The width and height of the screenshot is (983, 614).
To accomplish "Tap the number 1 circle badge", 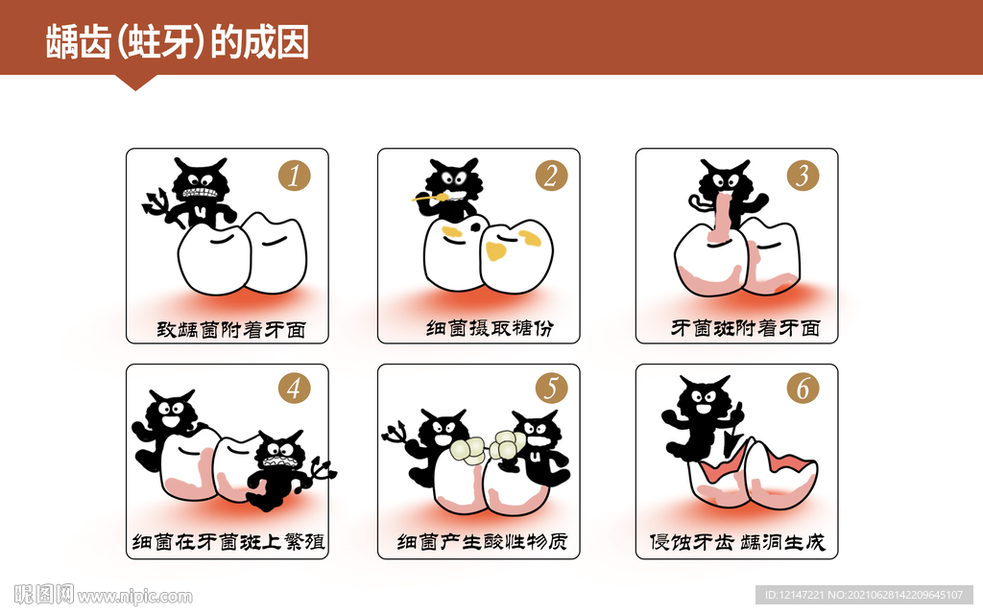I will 295,176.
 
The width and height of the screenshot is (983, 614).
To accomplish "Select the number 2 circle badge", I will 551,176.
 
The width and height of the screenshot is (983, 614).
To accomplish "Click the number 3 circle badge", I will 803,176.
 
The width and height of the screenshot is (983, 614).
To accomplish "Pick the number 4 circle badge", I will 295,389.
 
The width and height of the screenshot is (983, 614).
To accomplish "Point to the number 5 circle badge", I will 551,389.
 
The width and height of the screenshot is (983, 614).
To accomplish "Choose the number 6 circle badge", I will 803,389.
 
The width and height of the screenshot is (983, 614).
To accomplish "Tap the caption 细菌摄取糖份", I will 490,329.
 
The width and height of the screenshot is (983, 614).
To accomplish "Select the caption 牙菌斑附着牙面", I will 745,329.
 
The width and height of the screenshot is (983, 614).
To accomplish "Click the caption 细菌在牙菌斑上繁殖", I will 228,542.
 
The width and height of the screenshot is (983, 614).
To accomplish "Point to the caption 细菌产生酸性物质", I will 483,542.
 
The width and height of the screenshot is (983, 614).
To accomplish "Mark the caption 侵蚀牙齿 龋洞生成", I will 737,542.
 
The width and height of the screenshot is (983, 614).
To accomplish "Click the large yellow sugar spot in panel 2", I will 496,251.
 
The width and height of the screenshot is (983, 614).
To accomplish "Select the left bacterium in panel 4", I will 167,422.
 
